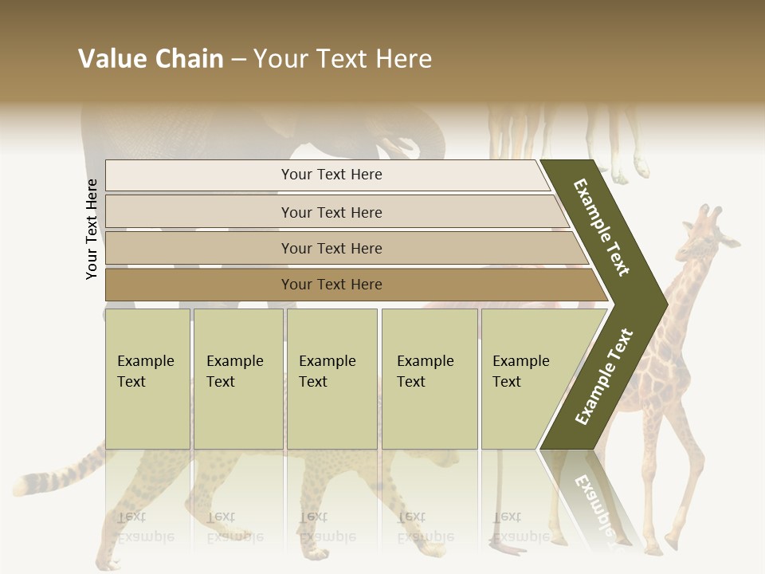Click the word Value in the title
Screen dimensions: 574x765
click(x=112, y=59)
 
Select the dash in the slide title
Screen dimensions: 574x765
click(x=238, y=60)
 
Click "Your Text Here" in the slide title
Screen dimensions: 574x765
click(x=343, y=59)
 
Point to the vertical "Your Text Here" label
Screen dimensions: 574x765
click(x=92, y=229)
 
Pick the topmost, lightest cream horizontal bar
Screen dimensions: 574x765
click(x=327, y=175)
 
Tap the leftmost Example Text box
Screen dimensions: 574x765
click(x=147, y=378)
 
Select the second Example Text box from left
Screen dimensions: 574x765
click(x=237, y=378)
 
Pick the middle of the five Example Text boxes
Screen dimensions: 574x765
click(x=331, y=378)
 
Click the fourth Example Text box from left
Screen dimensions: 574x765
click(x=430, y=378)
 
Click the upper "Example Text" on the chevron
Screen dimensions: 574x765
click(x=602, y=227)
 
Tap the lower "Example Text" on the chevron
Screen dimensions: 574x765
click(x=603, y=376)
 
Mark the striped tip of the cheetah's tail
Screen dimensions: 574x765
click(x=28, y=483)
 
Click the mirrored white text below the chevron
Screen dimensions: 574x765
click(x=594, y=502)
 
